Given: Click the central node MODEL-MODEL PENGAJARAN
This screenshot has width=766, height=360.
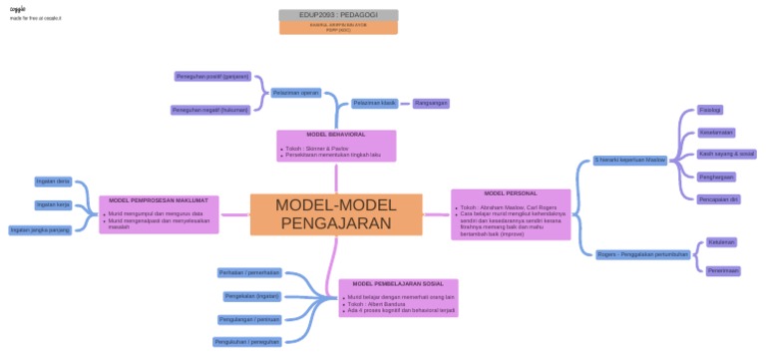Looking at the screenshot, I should pos(335,214).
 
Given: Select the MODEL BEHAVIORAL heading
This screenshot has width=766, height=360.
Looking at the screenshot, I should pos(335,134).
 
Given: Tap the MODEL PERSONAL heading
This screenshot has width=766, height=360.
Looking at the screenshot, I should pos(511,193).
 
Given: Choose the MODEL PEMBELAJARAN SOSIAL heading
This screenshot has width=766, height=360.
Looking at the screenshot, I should pos(398,284).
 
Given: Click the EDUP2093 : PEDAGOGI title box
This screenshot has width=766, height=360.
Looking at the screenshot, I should pos(338,16).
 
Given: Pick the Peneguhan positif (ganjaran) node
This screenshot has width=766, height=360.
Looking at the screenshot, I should pos(212,76).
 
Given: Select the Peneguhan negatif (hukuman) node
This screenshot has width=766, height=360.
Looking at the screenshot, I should pos(210,110).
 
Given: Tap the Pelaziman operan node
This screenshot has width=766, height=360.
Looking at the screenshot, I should pos(295,93).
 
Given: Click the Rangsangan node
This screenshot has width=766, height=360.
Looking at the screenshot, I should pos(431,102).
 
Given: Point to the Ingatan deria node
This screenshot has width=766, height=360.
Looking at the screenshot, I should pos(53,181).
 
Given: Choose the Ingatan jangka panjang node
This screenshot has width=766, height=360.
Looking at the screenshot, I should pos(40,229).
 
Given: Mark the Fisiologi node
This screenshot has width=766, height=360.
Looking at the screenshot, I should pos(710,110).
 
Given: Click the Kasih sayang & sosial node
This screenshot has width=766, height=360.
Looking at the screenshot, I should pos(726,154).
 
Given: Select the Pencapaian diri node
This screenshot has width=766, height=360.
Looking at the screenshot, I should pos(718,198).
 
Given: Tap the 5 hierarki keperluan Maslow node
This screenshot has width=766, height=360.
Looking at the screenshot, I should pos(629,160).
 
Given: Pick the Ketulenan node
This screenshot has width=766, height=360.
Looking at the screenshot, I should pos(721,241).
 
